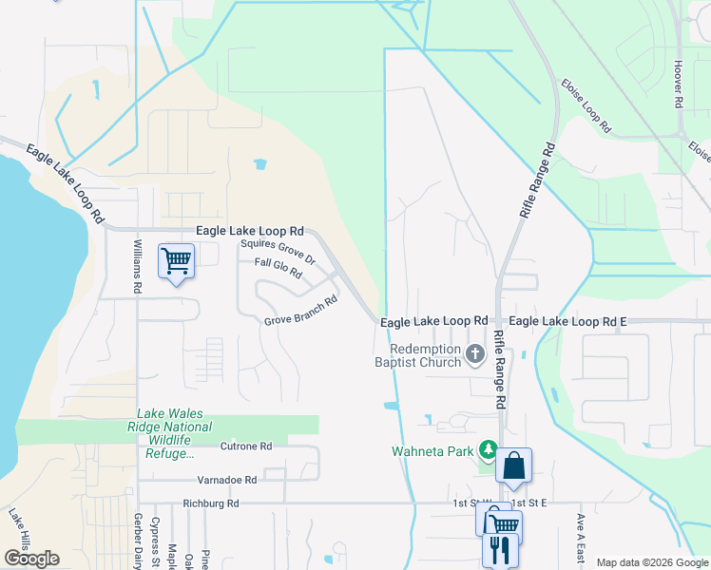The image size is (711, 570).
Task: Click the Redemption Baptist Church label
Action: coord(417,355)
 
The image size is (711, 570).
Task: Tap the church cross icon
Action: coord(476,354)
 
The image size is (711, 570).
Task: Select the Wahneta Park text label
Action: coord(432,451)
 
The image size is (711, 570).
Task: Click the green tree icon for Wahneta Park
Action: coord(488,448)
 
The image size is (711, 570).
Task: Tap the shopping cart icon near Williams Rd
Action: coord(177,260)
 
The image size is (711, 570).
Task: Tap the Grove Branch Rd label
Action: coord(301,311)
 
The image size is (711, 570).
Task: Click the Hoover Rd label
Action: coord(679,86)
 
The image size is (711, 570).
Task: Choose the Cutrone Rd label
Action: coord(246,446)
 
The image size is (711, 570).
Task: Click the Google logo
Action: coord(31,558)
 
